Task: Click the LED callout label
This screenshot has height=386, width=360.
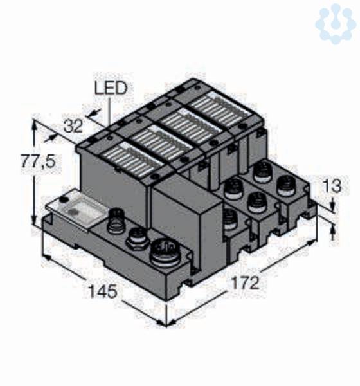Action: (x=111, y=88)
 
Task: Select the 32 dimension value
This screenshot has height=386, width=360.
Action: (x=73, y=127)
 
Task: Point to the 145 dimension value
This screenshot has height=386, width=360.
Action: (x=103, y=291)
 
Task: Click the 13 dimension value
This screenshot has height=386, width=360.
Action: (x=332, y=186)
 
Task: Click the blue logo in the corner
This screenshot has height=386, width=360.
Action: (x=336, y=23)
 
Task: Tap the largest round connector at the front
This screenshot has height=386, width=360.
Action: (x=165, y=253)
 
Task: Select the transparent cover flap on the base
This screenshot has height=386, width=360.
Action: (x=78, y=210)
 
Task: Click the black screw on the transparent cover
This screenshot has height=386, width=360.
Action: (x=65, y=199)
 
